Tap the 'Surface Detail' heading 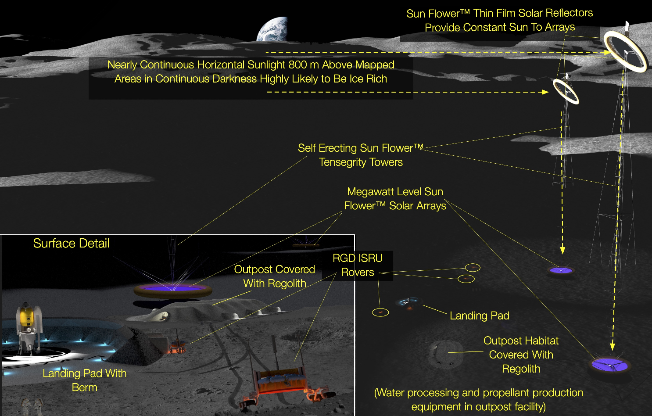[x=71, y=244]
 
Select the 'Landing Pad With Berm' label [x=84, y=380]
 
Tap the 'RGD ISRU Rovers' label [x=358, y=265]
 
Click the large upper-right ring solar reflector [x=625, y=51]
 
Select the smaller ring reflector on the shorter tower [x=566, y=91]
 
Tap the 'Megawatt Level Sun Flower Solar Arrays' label [x=395, y=199]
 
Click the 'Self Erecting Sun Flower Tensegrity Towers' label [x=361, y=155]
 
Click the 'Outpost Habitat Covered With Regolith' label [x=521, y=355]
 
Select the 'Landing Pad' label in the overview [x=480, y=316]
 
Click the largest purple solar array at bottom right [x=610, y=365]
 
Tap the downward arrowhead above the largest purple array [x=613, y=346]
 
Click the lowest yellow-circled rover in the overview [x=380, y=312]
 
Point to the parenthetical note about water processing [x=479, y=400]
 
